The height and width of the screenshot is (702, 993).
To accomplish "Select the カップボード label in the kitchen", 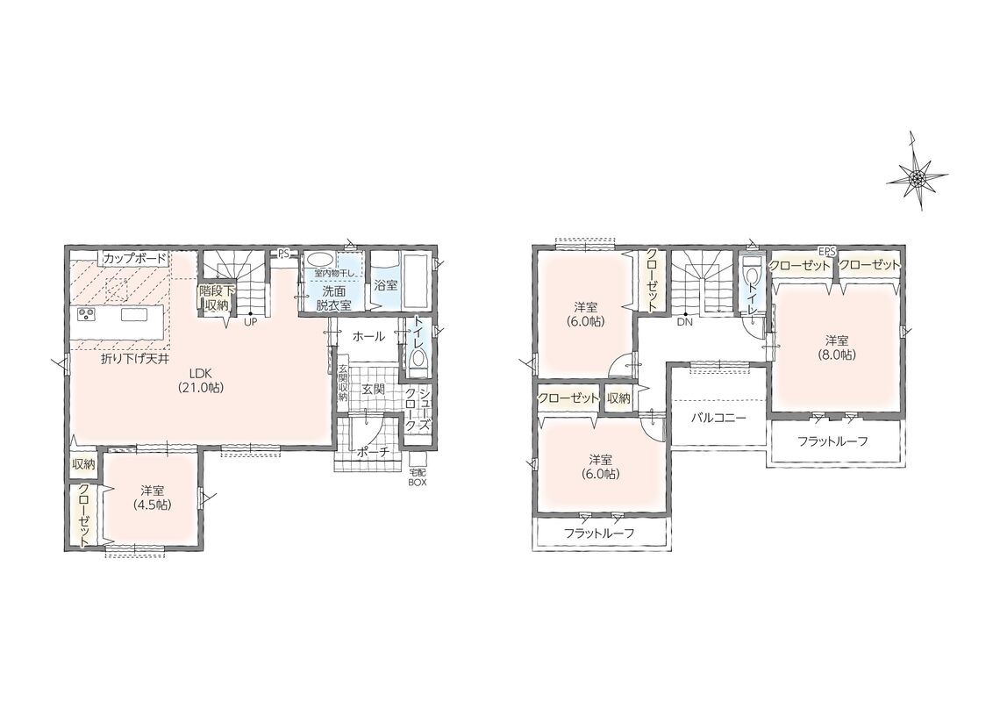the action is pyautogui.click(x=135, y=259).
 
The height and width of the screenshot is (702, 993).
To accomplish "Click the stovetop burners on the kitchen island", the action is pyautogui.click(x=86, y=314).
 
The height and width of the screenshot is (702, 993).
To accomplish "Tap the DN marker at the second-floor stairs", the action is pyautogui.click(x=684, y=322).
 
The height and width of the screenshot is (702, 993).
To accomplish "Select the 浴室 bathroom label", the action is pyautogui.click(x=386, y=286).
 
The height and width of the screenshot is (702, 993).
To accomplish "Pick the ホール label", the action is pyautogui.click(x=368, y=336).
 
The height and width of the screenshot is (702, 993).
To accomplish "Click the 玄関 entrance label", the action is pyautogui.click(x=373, y=389).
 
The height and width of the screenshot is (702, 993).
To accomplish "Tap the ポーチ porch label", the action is pyautogui.click(x=372, y=452).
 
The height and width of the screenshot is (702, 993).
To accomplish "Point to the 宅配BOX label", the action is pyautogui.click(x=418, y=477).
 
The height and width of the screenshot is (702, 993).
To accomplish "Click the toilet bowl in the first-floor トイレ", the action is pyautogui.click(x=418, y=360).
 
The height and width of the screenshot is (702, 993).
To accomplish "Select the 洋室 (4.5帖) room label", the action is pyautogui.click(x=153, y=498).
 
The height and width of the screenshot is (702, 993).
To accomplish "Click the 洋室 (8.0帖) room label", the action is pyautogui.click(x=837, y=347).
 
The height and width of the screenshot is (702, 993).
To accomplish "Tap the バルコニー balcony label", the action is pyautogui.click(x=718, y=419).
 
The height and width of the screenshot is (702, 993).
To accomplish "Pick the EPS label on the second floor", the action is pyautogui.click(x=828, y=251).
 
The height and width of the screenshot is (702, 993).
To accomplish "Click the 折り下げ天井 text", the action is pyautogui.click(x=135, y=359).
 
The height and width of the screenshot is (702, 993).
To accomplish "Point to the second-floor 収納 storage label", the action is pyautogui.click(x=618, y=398).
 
